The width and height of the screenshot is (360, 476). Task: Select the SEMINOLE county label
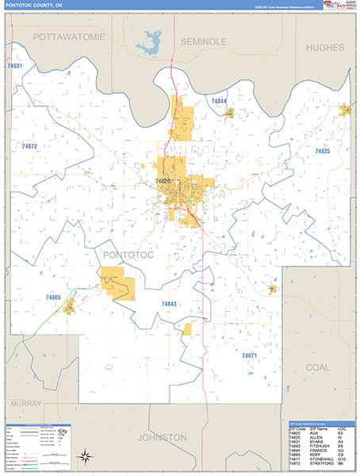pyautogui.click(x=203, y=40)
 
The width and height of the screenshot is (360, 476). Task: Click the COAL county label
pyautogui.click(x=317, y=367)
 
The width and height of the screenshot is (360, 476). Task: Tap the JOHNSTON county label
pyautogui.click(x=162, y=437)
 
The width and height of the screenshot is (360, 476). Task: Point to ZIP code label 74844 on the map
pyautogui.click(x=219, y=102)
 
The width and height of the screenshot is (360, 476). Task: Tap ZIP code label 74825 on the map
pyautogui.click(x=322, y=151)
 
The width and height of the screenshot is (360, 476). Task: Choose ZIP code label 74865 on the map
pyautogui.click(x=53, y=297)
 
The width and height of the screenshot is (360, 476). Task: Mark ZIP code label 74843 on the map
pyautogui.click(x=169, y=304)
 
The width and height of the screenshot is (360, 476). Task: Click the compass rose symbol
pyautogui.click(x=85, y=455)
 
